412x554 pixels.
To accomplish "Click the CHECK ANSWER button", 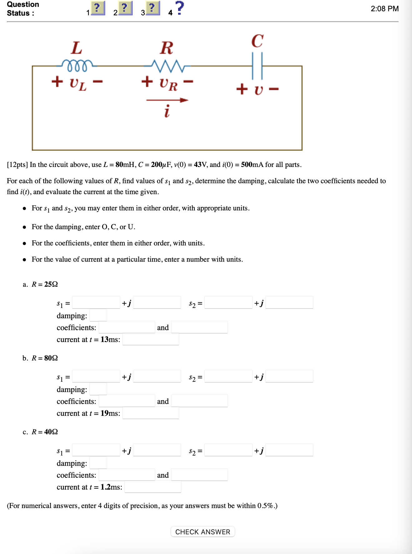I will [x=203, y=532].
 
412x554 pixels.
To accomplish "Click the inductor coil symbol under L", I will [x=77, y=65].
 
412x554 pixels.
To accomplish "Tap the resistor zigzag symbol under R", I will [x=167, y=65].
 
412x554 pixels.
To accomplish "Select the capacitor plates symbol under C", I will [x=257, y=66].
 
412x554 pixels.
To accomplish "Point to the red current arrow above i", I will [x=167, y=100].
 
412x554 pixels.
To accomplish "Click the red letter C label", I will [x=257, y=41].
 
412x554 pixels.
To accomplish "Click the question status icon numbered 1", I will [x=98, y=8].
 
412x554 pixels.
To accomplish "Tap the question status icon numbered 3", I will [x=152, y=8].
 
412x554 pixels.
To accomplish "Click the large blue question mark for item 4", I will [x=179, y=8].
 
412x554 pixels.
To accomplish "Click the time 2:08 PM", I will [x=385, y=9].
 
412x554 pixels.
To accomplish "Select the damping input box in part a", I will [x=98, y=315].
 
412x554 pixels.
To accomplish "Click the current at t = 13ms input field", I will [x=151, y=339].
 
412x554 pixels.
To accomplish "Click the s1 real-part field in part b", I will [x=96, y=376].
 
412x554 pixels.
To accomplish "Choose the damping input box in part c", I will [x=98, y=463].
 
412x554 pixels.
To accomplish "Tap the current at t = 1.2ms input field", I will [x=153, y=487].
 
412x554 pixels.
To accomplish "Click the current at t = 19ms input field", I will [x=151, y=413].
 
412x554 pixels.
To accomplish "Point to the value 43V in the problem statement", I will [x=200, y=165].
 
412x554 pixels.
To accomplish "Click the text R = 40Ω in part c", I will [x=45, y=432].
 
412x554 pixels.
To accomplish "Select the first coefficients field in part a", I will [x=127, y=327].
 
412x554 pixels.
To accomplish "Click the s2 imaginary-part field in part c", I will [x=289, y=450].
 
